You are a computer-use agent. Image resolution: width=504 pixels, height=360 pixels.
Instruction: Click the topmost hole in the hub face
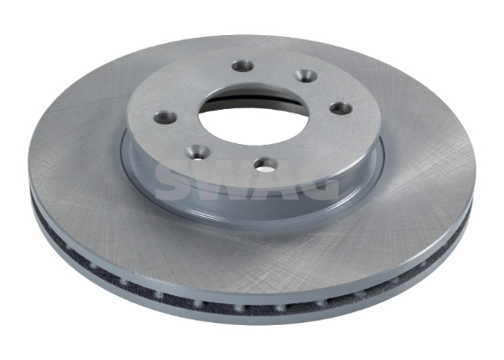click(243, 66)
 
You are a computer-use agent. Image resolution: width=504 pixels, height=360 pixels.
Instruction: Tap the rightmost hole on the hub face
click(340, 108)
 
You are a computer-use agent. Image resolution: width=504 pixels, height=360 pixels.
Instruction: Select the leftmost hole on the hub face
click(166, 117)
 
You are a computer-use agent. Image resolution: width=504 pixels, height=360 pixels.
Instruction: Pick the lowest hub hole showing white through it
click(265, 164)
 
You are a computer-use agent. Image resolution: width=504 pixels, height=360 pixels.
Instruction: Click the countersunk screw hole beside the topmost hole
click(305, 76)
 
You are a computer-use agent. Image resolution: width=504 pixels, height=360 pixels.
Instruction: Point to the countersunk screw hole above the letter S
click(198, 152)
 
